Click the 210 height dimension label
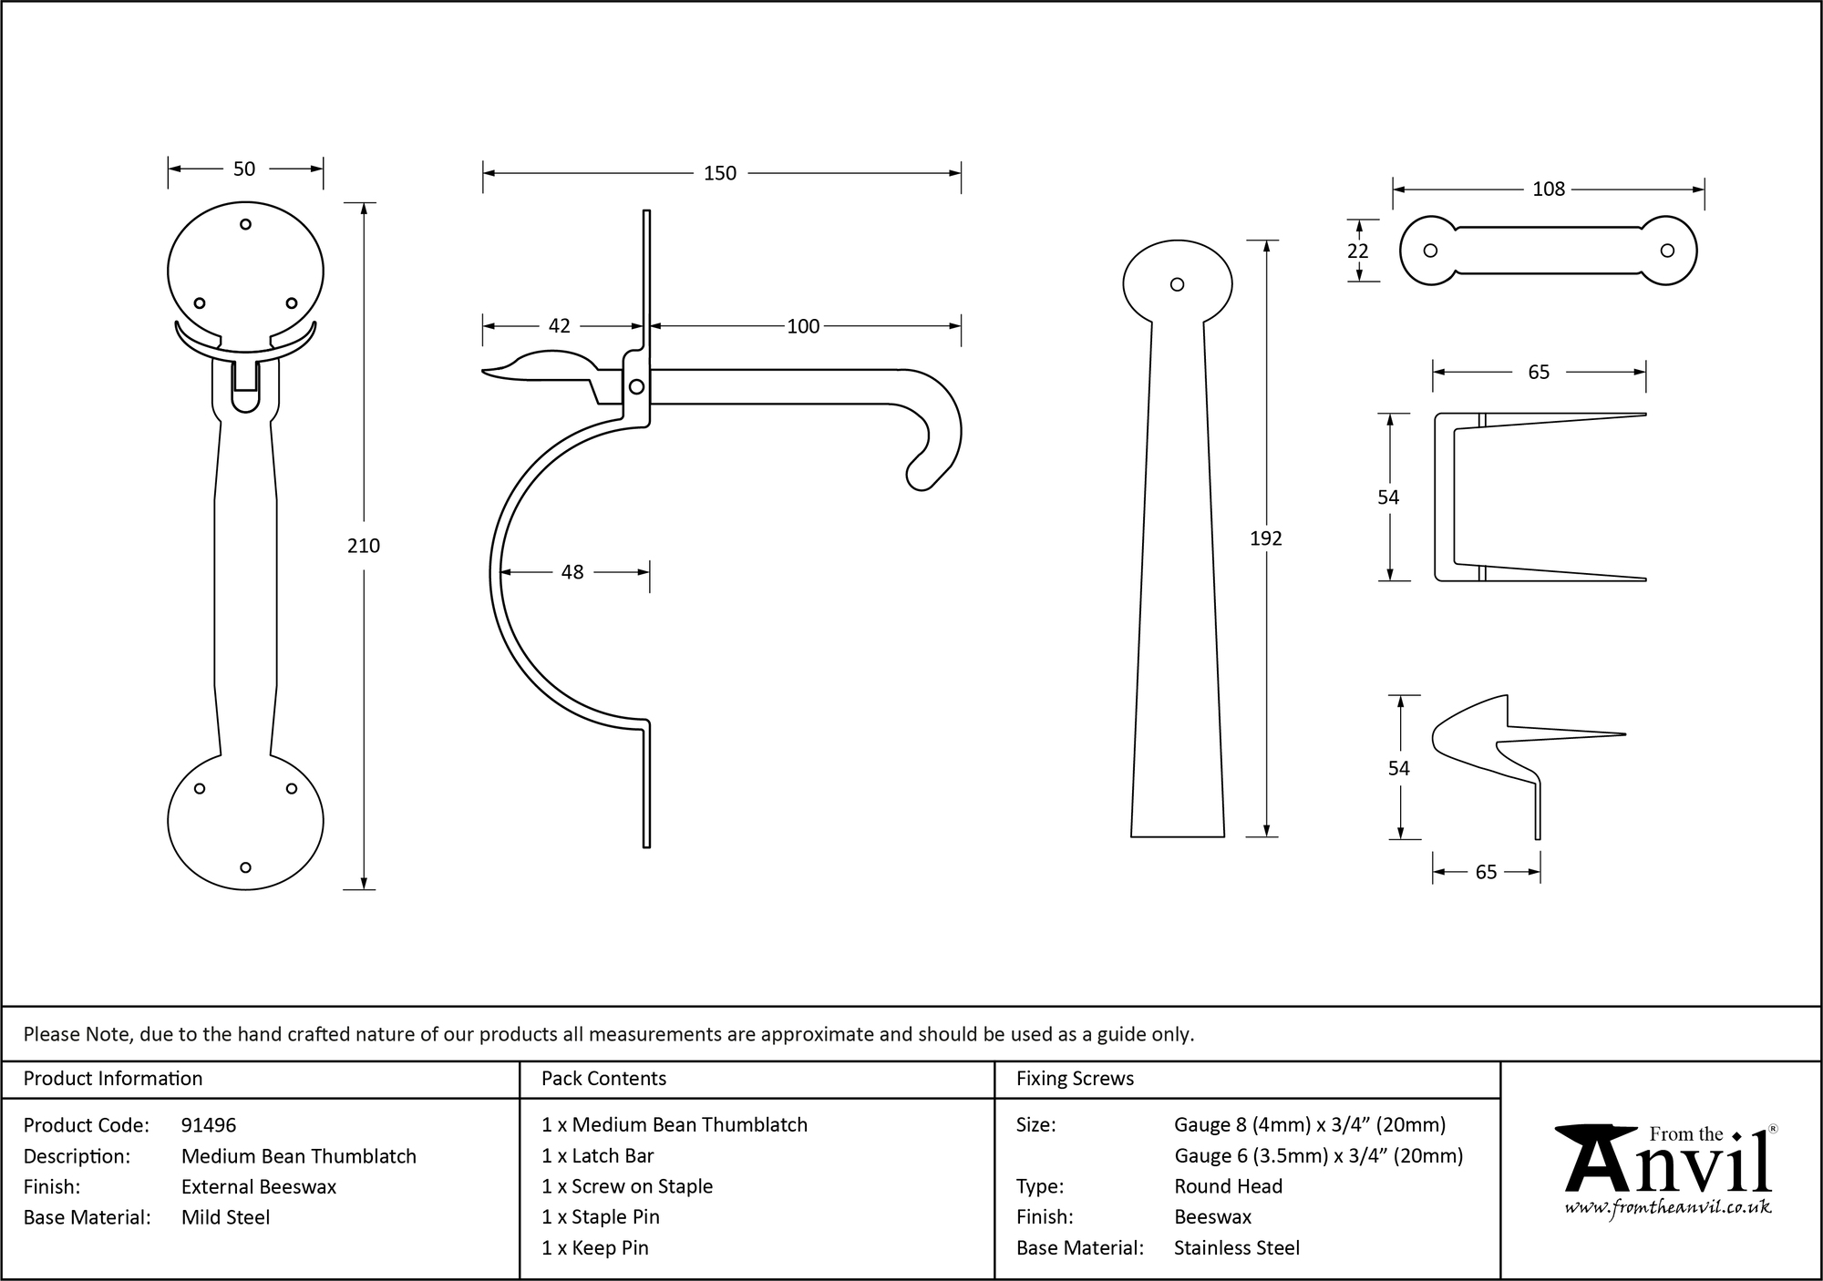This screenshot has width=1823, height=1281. (x=364, y=546)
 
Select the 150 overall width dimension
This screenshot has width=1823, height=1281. (x=719, y=173)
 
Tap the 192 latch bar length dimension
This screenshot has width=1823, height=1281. (x=1265, y=538)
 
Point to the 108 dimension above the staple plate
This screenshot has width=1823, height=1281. (x=1548, y=189)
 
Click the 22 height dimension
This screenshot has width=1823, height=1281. (x=1357, y=251)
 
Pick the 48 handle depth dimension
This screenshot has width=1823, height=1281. (x=572, y=572)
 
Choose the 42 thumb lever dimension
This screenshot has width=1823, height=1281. (x=559, y=326)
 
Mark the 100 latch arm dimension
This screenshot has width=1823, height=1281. (x=803, y=326)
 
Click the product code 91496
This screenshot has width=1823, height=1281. (x=209, y=1125)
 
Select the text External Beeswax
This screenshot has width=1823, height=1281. (x=259, y=1186)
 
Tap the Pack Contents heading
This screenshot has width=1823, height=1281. (x=603, y=1079)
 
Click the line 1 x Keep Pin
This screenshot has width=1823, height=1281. (x=594, y=1248)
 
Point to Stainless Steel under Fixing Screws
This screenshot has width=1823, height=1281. (x=1237, y=1248)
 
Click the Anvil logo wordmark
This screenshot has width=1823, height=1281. (x=1668, y=1162)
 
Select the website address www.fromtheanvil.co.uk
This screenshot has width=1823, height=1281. (x=1668, y=1207)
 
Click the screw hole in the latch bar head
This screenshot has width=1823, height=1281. (x=1177, y=284)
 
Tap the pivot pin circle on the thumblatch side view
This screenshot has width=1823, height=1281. (x=636, y=387)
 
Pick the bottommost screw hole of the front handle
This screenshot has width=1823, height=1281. (x=245, y=867)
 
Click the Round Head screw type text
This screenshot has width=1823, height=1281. (x=1228, y=1186)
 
